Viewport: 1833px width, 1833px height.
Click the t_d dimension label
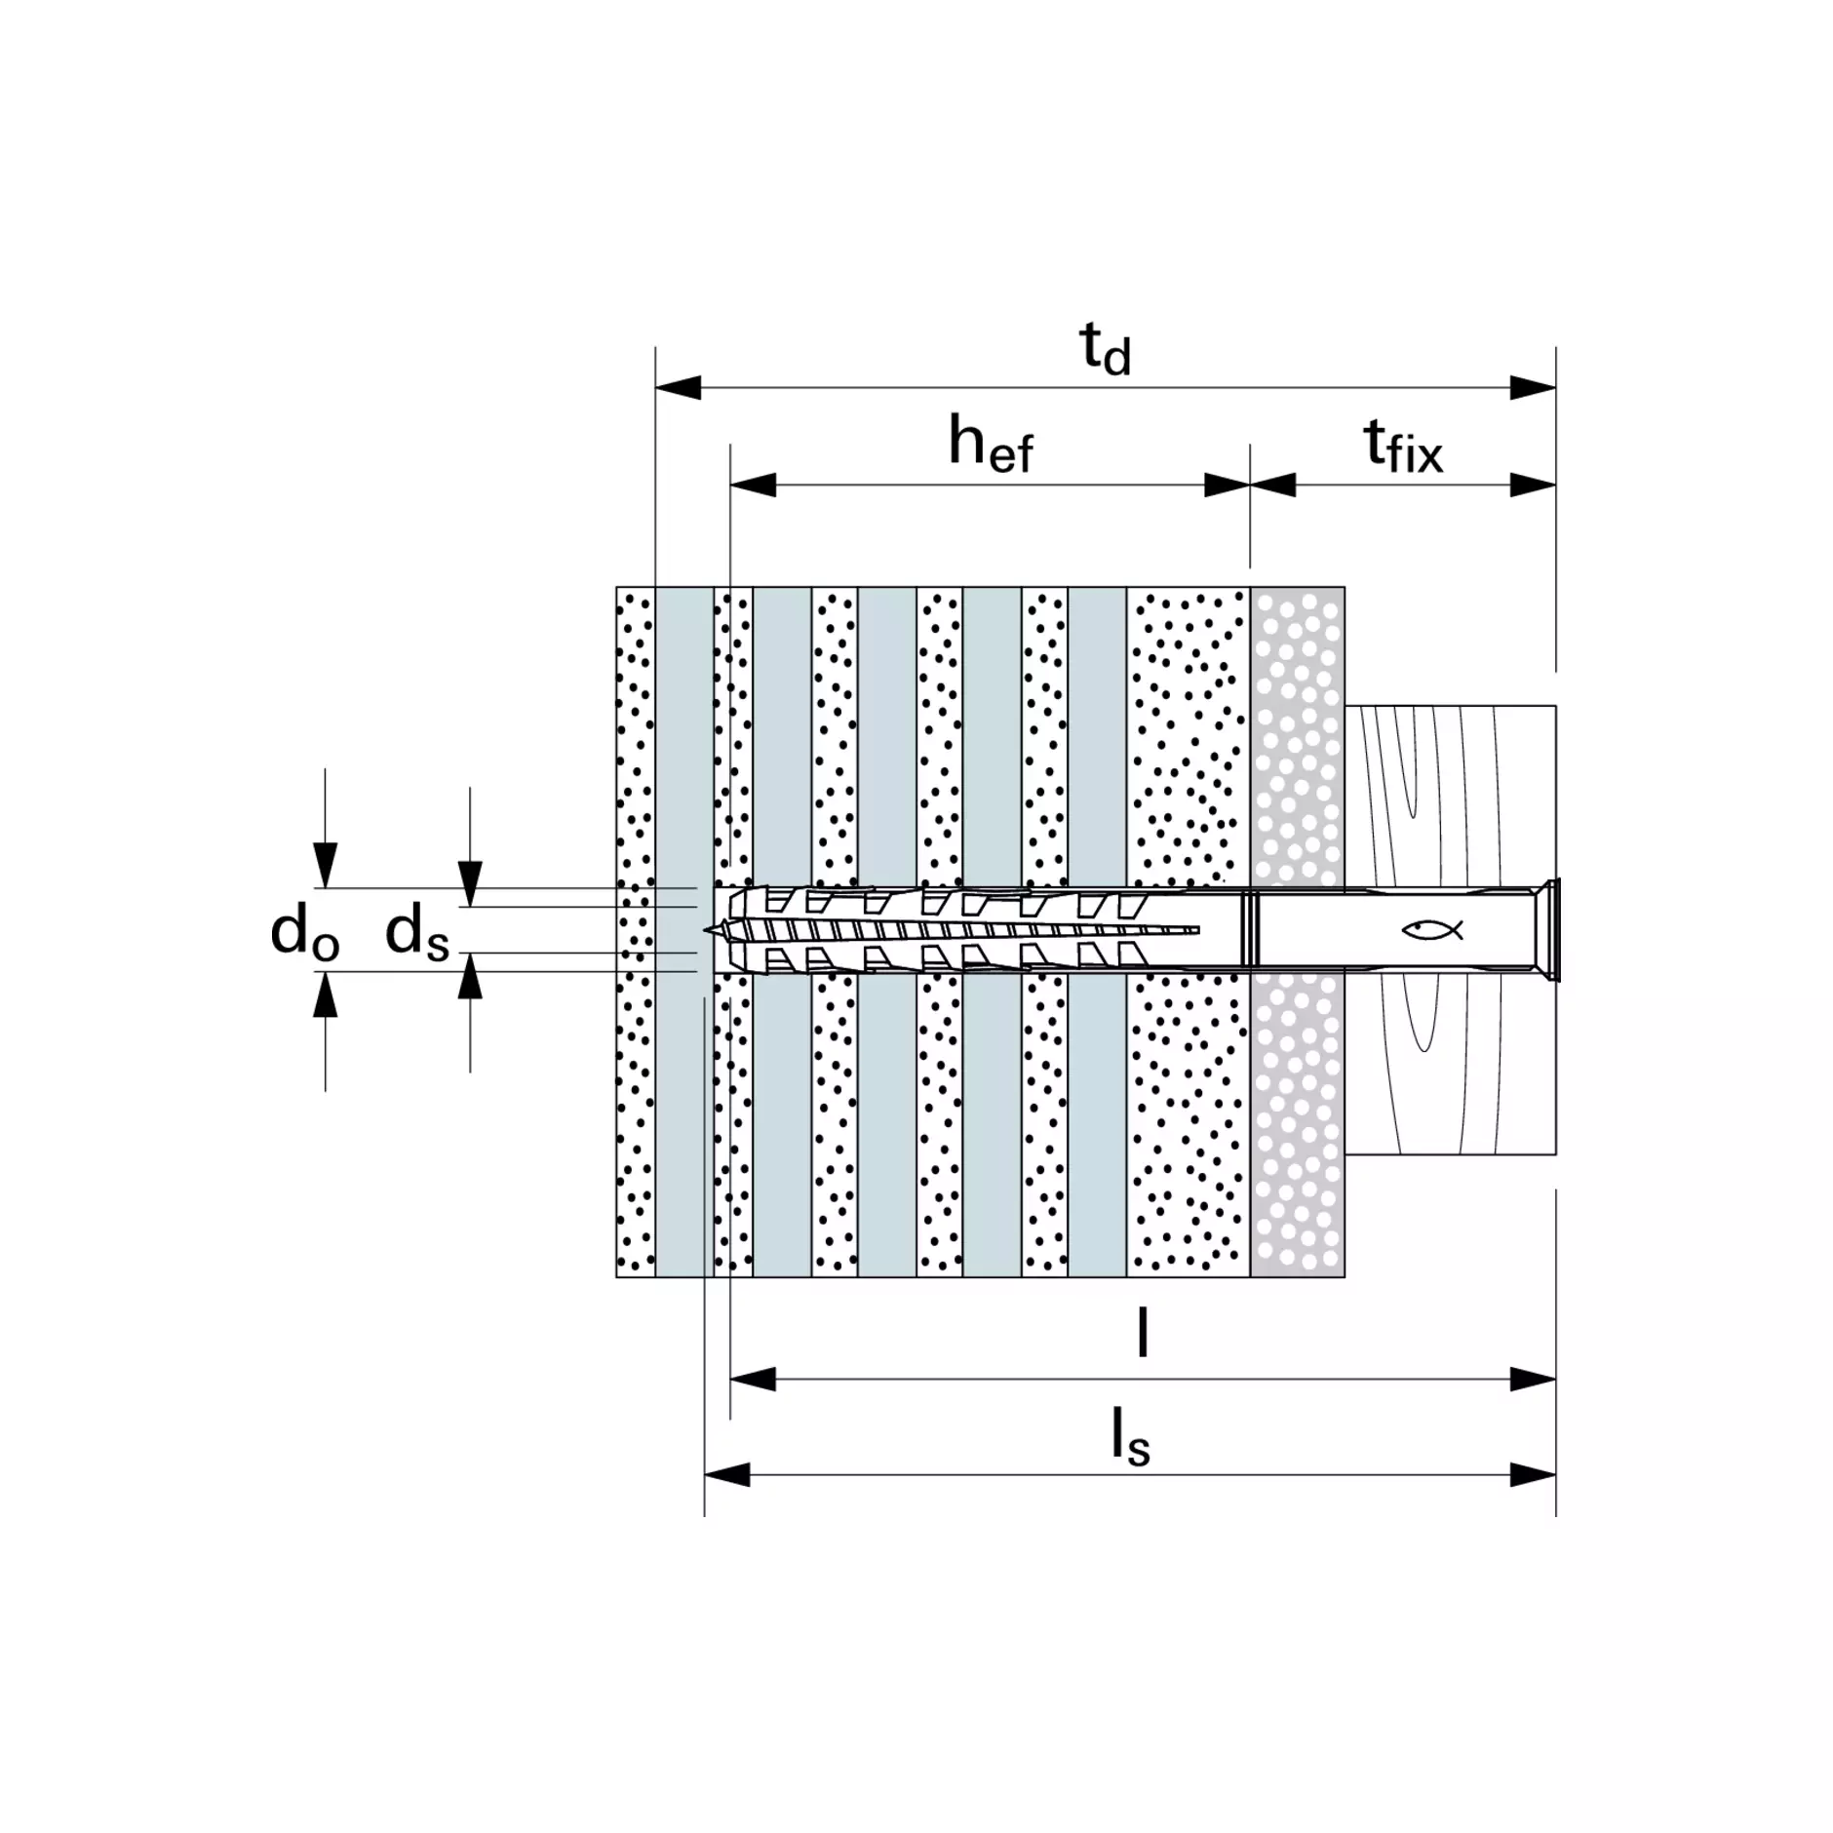pos(1105,349)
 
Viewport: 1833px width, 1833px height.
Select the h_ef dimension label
pos(990,445)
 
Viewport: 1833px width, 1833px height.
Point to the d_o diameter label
pos(304,932)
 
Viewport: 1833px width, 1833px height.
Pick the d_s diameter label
pos(417,932)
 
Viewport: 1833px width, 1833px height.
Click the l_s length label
pos(1131,1438)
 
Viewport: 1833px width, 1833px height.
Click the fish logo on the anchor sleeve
pos(1432,930)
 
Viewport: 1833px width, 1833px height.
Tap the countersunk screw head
pos(1545,929)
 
